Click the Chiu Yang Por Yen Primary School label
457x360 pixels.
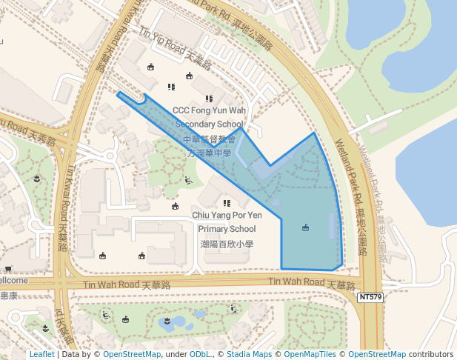click(x=227, y=221)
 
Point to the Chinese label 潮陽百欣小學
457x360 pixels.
click(x=227, y=244)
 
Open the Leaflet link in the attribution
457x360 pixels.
click(x=42, y=354)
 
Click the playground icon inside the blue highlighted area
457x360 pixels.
click(x=305, y=227)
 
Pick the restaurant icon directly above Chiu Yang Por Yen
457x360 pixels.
click(x=227, y=203)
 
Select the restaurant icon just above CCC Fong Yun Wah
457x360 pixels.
click(x=209, y=99)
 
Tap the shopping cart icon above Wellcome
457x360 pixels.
click(x=7, y=269)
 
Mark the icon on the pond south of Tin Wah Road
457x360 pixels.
click(x=168, y=320)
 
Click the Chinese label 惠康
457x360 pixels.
click(x=8, y=295)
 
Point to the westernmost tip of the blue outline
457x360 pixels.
click(x=118, y=93)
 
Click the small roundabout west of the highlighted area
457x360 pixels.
click(x=107, y=156)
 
